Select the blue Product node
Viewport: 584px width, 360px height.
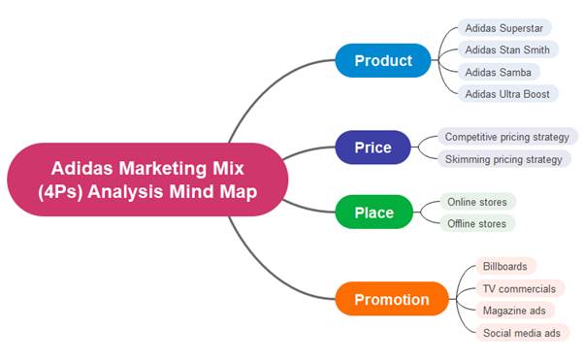[382, 60]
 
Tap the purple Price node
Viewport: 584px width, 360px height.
[373, 147]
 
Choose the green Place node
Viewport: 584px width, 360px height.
[373, 213]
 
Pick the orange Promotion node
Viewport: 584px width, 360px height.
[391, 299]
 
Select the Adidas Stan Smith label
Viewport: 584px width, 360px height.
[507, 49]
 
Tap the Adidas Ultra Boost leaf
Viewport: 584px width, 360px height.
[507, 94]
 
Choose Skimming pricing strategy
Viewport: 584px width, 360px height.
[503, 159]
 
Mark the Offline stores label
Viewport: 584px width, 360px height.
[476, 224]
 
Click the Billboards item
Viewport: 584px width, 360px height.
[505, 266]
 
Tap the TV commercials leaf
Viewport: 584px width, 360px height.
[519, 288]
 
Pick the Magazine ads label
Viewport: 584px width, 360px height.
[513, 311]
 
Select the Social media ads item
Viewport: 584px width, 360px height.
[522, 333]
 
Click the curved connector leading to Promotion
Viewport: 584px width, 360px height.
[272, 273]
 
